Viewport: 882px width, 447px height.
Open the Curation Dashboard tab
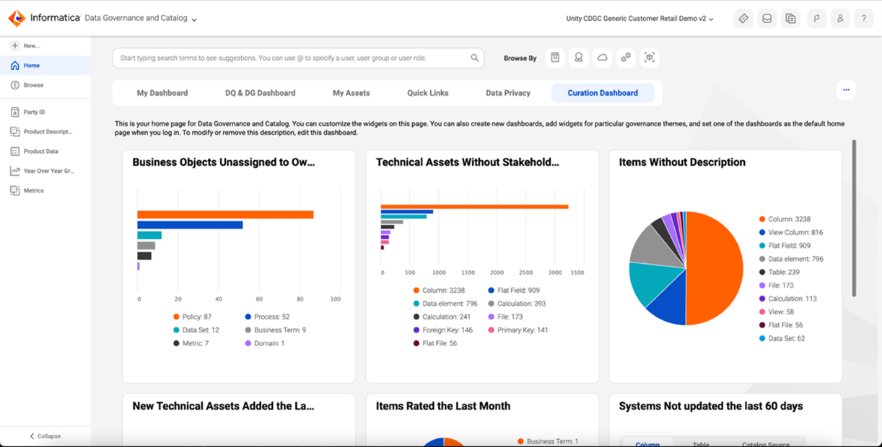point(603,93)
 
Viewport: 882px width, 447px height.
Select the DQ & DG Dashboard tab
point(260,93)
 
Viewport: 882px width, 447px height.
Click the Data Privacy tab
point(507,93)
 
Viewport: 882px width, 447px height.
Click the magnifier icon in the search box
point(474,58)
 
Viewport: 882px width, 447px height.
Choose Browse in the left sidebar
point(33,85)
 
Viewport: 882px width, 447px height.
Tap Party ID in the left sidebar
point(34,112)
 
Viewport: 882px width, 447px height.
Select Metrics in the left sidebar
point(33,191)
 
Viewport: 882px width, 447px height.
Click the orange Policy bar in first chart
point(225,215)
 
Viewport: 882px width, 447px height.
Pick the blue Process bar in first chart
point(190,225)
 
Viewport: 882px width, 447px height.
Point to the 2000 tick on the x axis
point(497,273)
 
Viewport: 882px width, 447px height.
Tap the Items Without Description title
point(681,163)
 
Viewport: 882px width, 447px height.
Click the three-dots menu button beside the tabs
point(846,90)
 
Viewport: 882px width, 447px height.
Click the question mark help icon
point(863,19)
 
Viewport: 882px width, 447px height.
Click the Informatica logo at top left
point(17,18)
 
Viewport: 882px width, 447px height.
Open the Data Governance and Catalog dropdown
point(141,18)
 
